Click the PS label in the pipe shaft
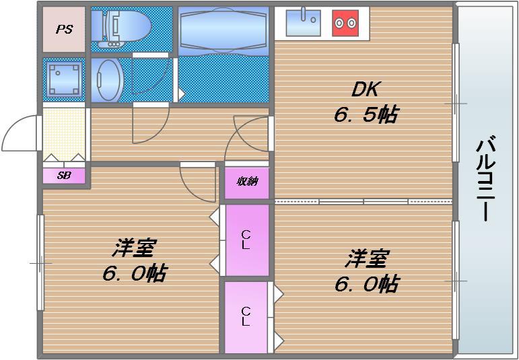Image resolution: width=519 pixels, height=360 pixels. click(x=65, y=30)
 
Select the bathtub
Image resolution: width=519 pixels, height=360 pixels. click(x=224, y=29)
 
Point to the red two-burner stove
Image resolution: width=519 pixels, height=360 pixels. click(x=345, y=24)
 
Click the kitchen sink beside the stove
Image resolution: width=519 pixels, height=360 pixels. click(x=303, y=23)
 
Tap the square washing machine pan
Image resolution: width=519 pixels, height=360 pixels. click(x=65, y=79)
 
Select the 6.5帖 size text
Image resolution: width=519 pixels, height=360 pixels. click(x=365, y=115)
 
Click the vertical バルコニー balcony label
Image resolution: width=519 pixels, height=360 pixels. click(x=487, y=178)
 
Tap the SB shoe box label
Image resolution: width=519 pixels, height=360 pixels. click(x=64, y=176)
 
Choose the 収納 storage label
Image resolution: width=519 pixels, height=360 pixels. click(x=246, y=182)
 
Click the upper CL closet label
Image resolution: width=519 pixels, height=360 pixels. click(x=246, y=240)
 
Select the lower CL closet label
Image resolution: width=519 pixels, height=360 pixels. click(x=246, y=316)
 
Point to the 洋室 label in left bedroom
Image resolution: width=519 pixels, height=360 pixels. click(x=134, y=248)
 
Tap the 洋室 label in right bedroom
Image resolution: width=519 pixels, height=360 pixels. click(x=367, y=258)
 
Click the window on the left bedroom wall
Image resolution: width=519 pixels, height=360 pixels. click(x=41, y=262)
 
